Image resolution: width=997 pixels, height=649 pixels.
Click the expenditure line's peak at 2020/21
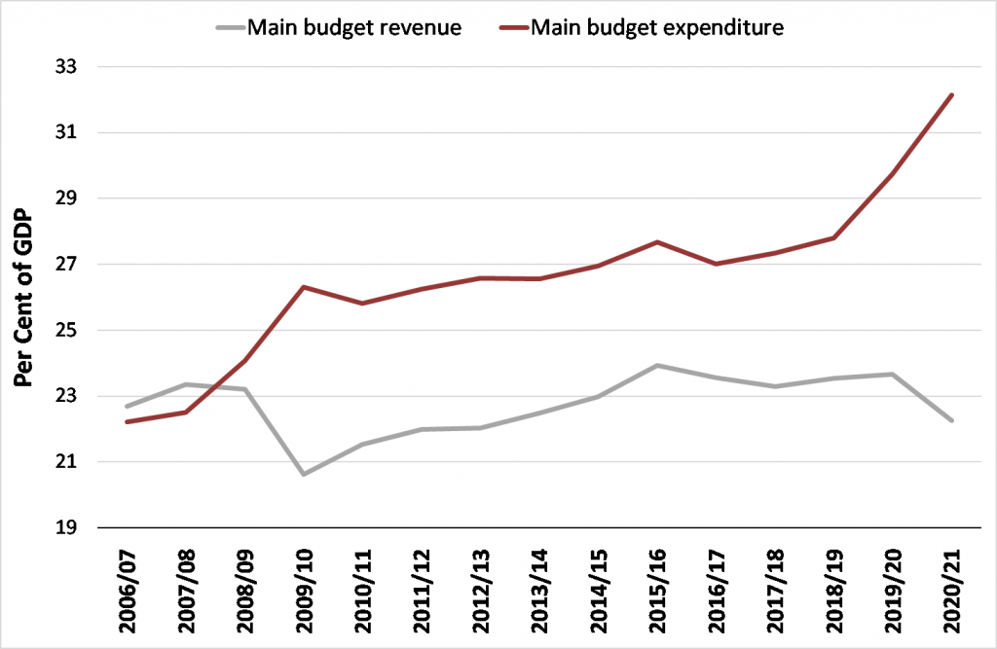click(952, 95)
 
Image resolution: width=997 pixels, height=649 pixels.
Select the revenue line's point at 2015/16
click(658, 366)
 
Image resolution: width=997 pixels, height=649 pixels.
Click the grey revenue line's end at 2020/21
click(952, 420)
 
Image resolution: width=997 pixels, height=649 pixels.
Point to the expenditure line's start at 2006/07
click(128, 421)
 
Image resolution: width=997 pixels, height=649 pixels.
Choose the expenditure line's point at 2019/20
click(893, 173)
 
